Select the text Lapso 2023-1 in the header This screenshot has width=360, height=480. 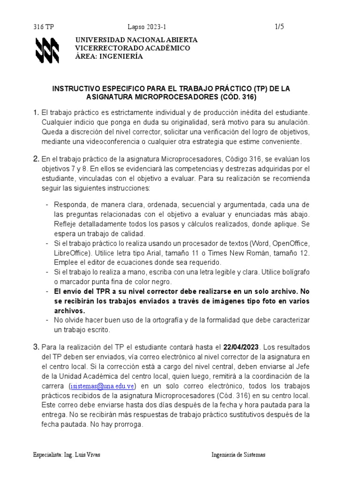(146, 27)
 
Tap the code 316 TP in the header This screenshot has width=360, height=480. (44, 27)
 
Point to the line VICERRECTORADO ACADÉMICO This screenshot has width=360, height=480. (133, 48)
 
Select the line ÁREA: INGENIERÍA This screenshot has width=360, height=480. (109, 56)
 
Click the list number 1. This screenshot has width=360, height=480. (36, 113)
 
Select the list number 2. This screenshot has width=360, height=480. (36, 159)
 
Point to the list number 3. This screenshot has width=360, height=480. (36, 347)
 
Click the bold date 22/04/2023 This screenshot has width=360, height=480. (241, 347)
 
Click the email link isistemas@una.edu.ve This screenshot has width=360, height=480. (102, 386)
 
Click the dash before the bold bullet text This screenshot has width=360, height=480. (47, 292)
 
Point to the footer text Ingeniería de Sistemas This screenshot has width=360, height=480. (238, 454)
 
